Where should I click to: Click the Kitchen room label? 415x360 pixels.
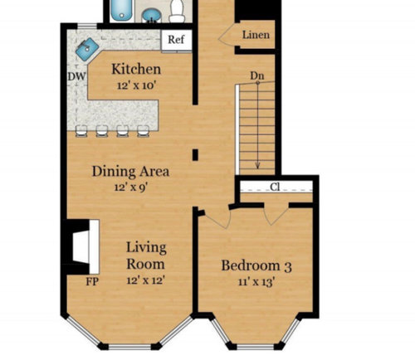(x=136, y=69)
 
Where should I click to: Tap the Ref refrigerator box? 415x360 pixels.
(x=175, y=40)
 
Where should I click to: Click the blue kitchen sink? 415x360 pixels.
(x=86, y=49)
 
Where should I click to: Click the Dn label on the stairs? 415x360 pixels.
(x=257, y=76)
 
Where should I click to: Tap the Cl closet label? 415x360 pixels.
(x=275, y=187)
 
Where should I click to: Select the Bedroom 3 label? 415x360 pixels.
(x=256, y=266)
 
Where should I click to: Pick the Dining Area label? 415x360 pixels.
(x=130, y=172)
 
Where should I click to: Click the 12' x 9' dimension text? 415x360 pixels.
(x=130, y=187)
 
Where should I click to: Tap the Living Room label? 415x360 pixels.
(x=146, y=255)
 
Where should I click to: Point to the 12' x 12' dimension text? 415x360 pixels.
(x=146, y=280)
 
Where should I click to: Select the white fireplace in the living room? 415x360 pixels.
(x=84, y=246)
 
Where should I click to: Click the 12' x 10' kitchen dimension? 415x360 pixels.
(x=136, y=85)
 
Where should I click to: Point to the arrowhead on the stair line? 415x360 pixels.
(x=258, y=163)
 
